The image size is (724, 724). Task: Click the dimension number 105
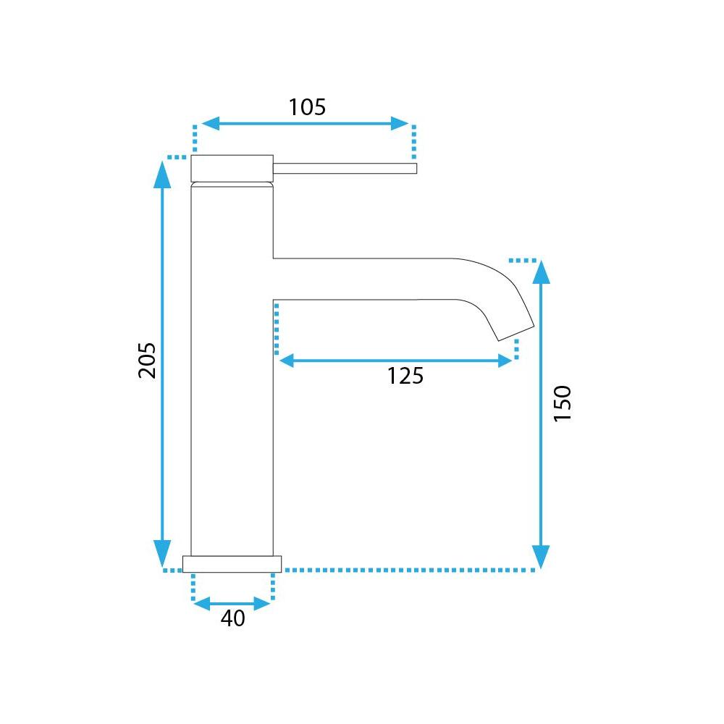click(307, 107)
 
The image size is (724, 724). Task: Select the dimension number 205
click(147, 361)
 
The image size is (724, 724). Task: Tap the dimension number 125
click(405, 376)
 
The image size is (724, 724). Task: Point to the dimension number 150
click(563, 403)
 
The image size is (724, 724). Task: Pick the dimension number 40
click(232, 618)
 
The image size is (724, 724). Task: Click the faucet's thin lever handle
click(345, 169)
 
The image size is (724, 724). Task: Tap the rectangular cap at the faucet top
click(232, 169)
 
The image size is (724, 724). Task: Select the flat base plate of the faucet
click(232, 564)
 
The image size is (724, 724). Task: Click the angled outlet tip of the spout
click(516, 333)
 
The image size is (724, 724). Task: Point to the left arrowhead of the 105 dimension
click(211, 124)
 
